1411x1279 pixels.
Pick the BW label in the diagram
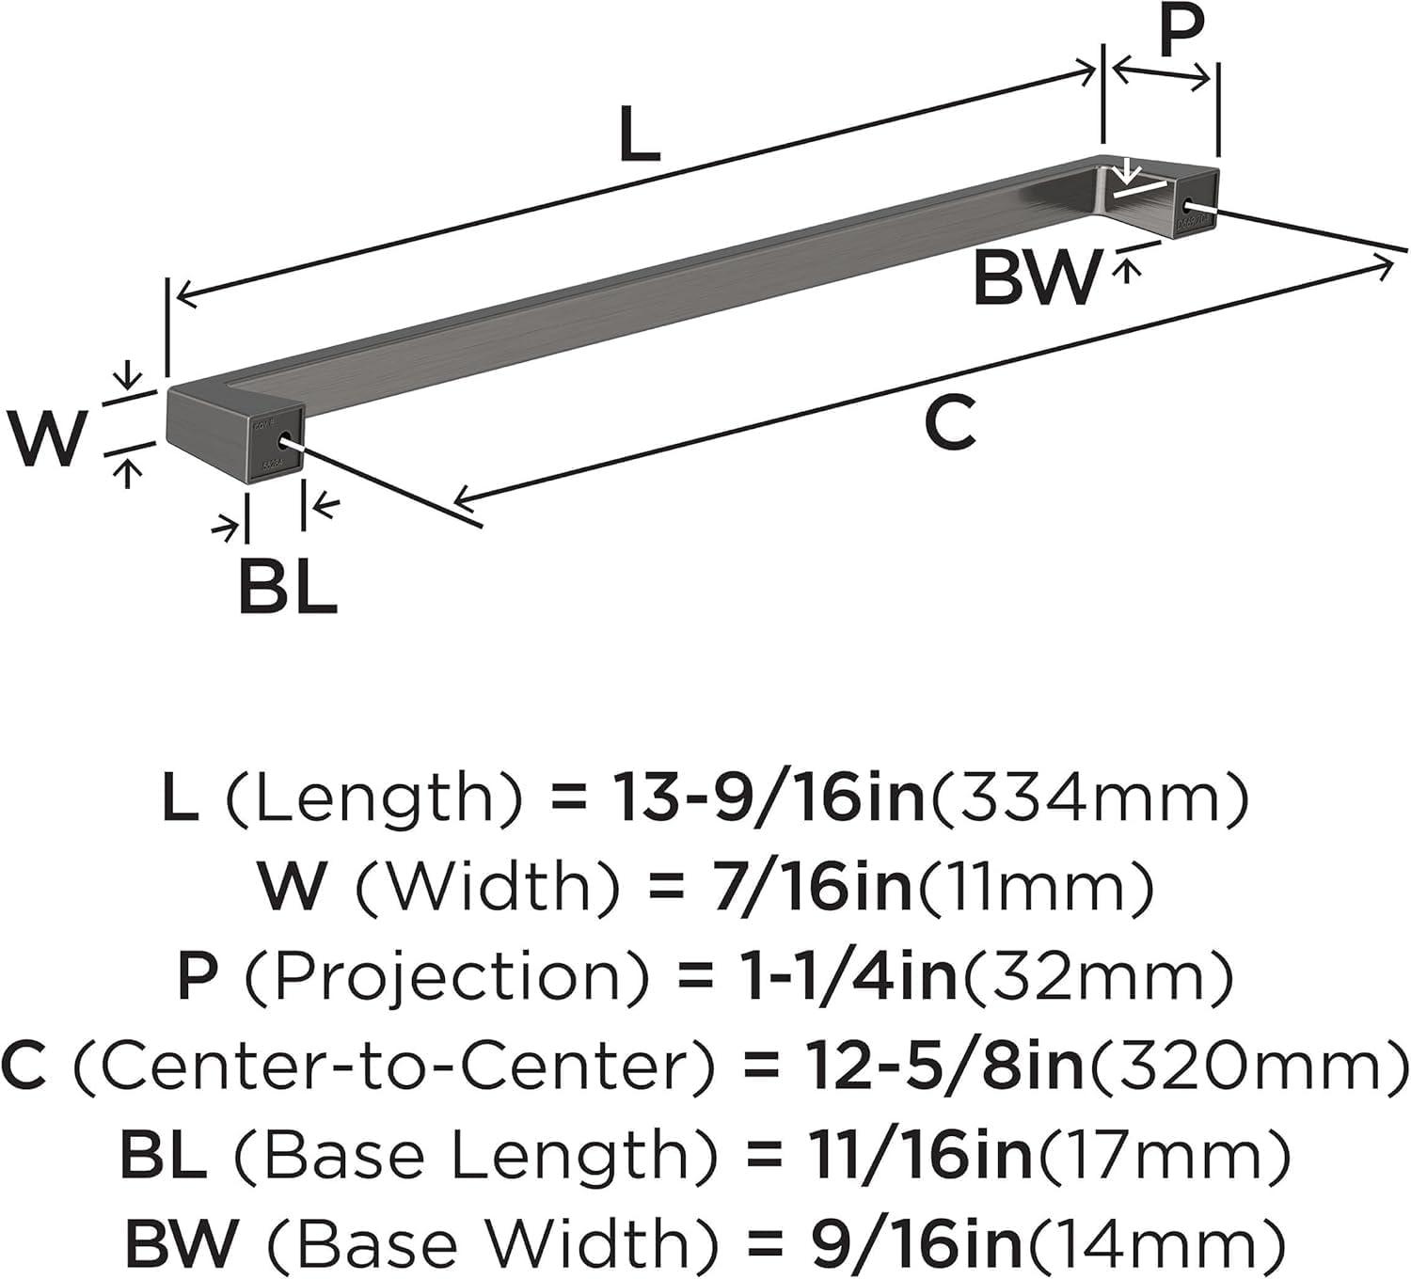[x=1036, y=276]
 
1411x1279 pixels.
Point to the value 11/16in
[x=908, y=1158]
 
